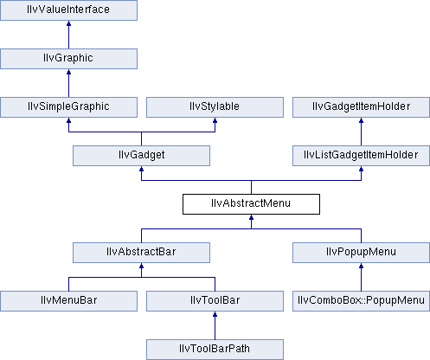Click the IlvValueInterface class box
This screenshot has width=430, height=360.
68,10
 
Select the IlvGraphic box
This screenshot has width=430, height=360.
68,59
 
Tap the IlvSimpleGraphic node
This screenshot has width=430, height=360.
68,107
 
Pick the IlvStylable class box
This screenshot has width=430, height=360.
215,107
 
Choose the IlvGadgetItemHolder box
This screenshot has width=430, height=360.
361,107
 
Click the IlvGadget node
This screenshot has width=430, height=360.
141,156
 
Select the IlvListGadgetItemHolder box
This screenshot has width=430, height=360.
361,156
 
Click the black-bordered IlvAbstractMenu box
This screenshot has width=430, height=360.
251,204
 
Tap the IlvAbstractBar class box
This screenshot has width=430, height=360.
141,253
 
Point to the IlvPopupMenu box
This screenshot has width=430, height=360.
361,253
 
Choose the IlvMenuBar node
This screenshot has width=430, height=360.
68,301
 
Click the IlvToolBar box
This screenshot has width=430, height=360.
215,301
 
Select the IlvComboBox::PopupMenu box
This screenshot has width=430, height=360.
361,301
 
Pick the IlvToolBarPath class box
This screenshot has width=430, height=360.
215,350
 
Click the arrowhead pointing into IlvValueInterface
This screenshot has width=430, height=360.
68,23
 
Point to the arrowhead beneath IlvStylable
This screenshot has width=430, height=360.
215,120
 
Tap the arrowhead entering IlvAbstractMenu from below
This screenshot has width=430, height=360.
251,217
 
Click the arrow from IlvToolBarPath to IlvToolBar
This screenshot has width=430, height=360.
215,325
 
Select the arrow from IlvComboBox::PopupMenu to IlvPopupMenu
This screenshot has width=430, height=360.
361,277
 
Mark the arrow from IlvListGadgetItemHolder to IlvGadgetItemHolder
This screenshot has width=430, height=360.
361,132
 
